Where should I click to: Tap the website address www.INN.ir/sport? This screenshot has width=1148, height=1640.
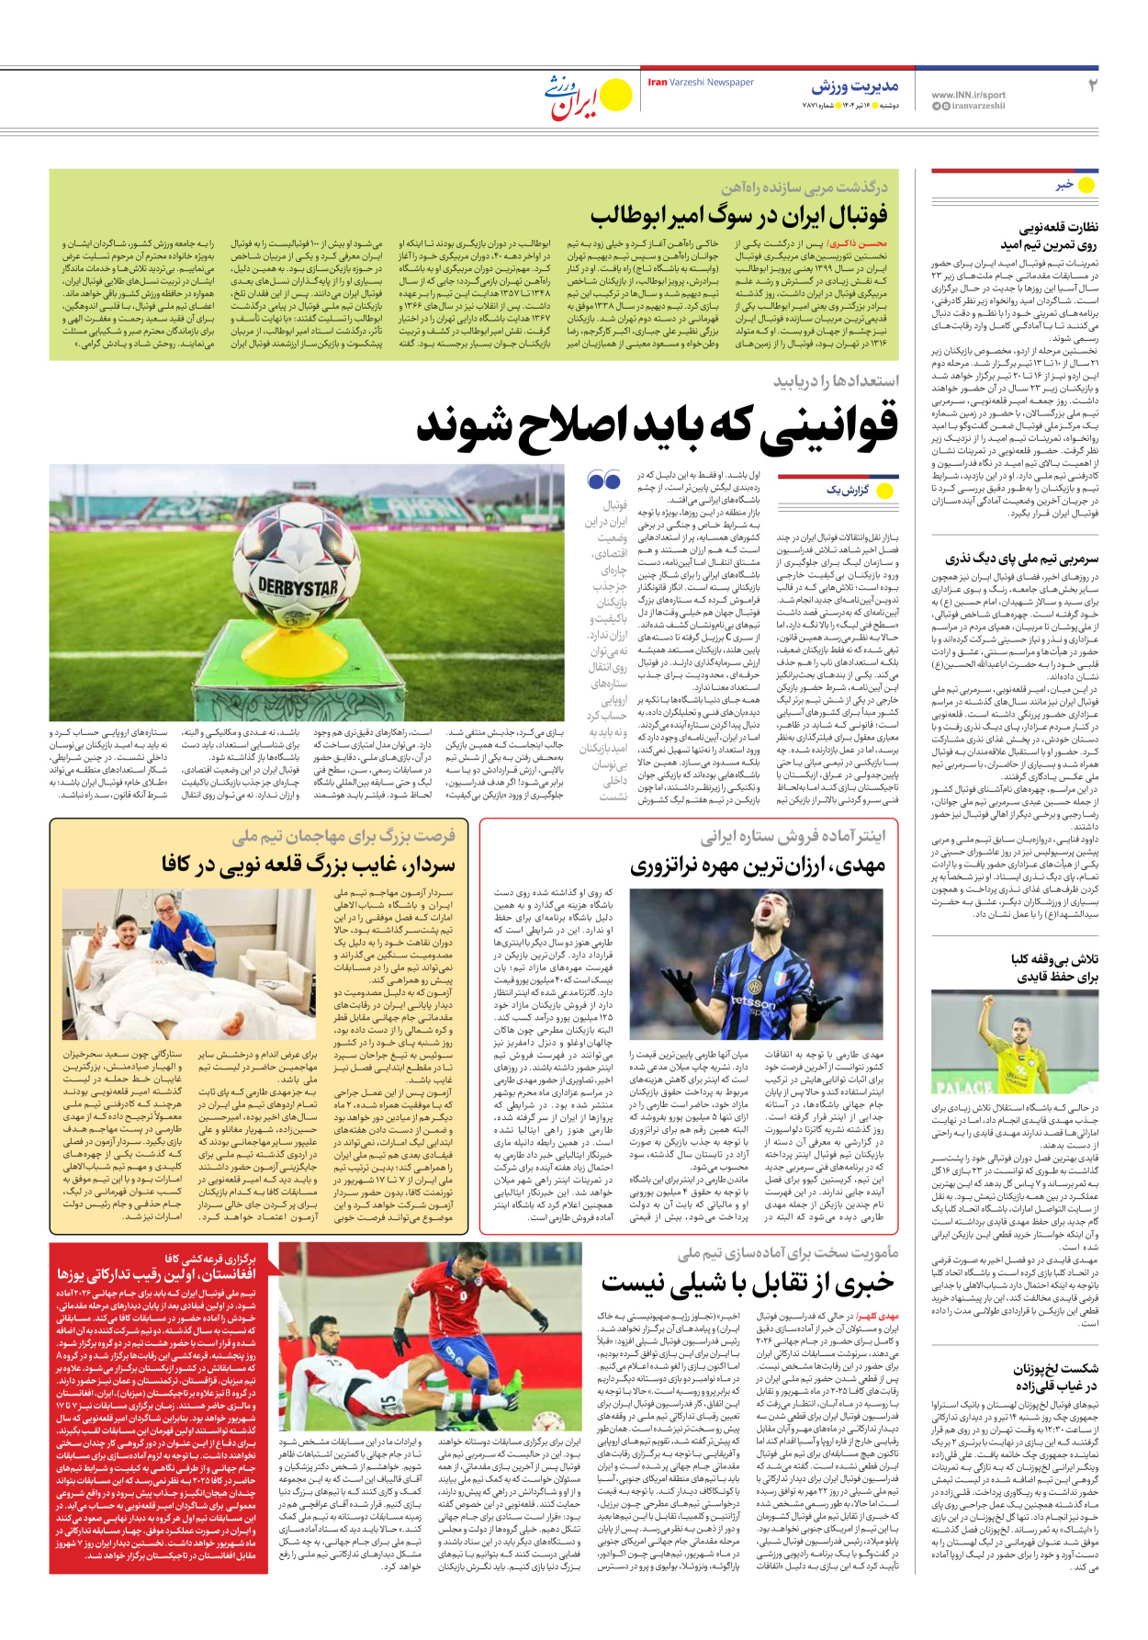[968, 95]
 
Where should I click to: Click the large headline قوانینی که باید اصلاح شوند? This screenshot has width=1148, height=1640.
[658, 424]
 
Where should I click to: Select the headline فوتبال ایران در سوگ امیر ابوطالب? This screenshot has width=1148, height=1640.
[739, 216]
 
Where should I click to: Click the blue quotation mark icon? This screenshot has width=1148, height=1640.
[603, 480]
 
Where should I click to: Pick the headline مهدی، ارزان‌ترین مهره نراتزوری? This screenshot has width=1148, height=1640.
[758, 865]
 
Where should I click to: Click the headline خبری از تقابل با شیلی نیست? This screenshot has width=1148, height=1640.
[748, 1283]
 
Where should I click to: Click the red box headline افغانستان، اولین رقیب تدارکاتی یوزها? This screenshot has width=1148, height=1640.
[156, 1274]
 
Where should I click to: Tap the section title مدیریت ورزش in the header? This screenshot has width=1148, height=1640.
[854, 87]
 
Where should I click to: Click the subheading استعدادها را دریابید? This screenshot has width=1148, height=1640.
[836, 380]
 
